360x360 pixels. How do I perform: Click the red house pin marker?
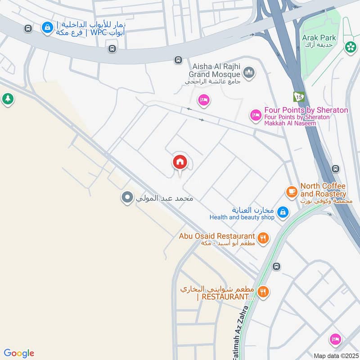point(180,162)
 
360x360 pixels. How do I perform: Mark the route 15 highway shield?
point(298,96)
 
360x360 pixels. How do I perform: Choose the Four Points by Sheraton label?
point(306,110)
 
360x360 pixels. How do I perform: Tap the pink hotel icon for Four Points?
point(256,116)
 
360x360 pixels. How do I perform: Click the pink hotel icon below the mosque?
point(203,100)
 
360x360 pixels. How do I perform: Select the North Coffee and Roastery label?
point(323,190)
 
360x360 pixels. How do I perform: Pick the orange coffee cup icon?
point(292,192)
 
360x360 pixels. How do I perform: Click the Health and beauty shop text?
point(242,217)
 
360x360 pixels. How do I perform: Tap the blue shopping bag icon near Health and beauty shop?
point(283,211)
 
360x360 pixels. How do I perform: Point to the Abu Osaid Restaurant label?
point(217,236)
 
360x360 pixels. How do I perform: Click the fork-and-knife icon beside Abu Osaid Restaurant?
point(263,237)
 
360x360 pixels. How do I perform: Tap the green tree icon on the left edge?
point(8,99)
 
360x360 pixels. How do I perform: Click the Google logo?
point(19,353)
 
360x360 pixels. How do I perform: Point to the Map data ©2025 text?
point(335,355)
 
